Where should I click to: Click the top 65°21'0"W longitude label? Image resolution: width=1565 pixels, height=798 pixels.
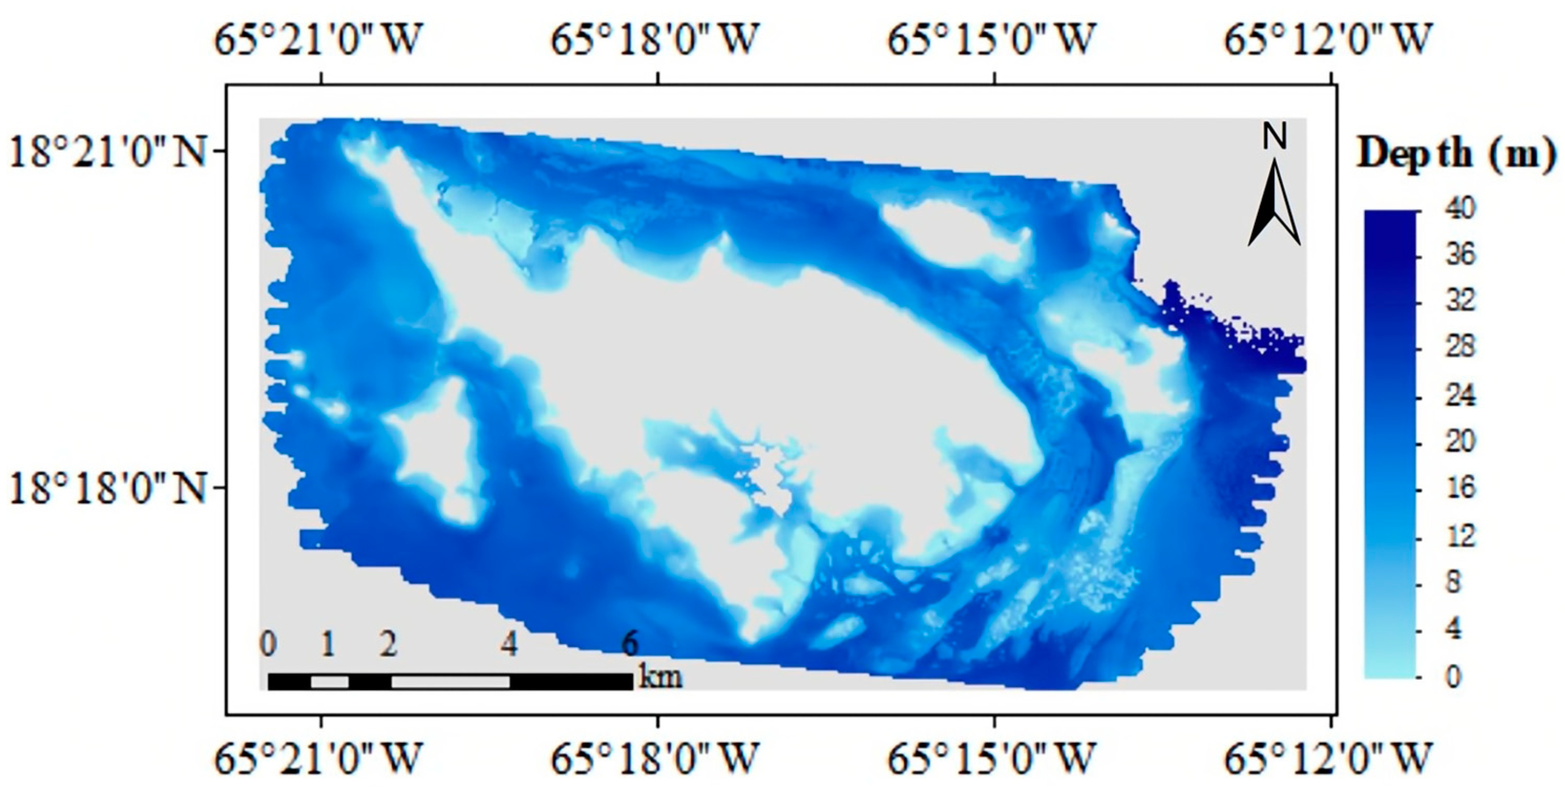[318, 39]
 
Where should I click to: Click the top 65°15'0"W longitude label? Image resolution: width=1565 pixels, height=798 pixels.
[991, 39]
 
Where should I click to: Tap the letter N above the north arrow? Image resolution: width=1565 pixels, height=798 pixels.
[1275, 136]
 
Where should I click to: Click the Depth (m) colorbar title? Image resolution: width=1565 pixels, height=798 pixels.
[1457, 154]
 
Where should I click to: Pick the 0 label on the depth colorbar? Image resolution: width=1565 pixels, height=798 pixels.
[1454, 676]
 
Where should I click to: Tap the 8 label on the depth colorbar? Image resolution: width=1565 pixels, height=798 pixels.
[1454, 583]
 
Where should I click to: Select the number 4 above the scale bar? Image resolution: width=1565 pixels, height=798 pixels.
[510, 643]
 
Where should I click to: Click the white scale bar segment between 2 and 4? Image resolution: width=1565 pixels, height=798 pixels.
[450, 682]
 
